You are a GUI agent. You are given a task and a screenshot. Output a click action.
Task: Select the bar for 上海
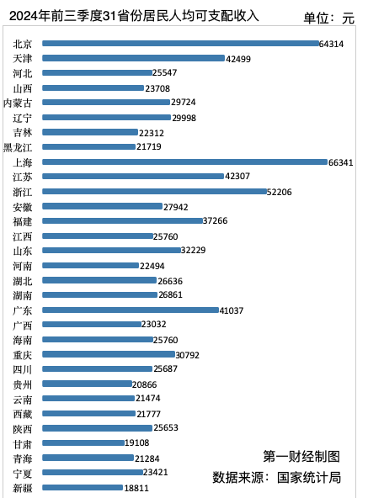tap(184, 162)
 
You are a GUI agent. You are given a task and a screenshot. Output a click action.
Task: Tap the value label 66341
tap(341, 162)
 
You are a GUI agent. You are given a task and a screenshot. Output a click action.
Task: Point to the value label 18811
tap(136, 488)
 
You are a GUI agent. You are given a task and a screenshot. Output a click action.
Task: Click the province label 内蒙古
tap(18, 103)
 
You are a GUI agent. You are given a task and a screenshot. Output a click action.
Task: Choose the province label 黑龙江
tap(18, 147)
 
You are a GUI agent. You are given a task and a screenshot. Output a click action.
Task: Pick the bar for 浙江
tap(154, 191)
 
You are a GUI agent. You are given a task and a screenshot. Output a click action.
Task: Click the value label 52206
tap(280, 192)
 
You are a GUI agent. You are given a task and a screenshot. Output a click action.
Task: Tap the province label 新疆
tap(24, 488)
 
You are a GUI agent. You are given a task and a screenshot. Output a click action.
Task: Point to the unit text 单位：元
tap(329, 18)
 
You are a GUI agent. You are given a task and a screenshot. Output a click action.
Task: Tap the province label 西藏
tap(24, 414)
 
